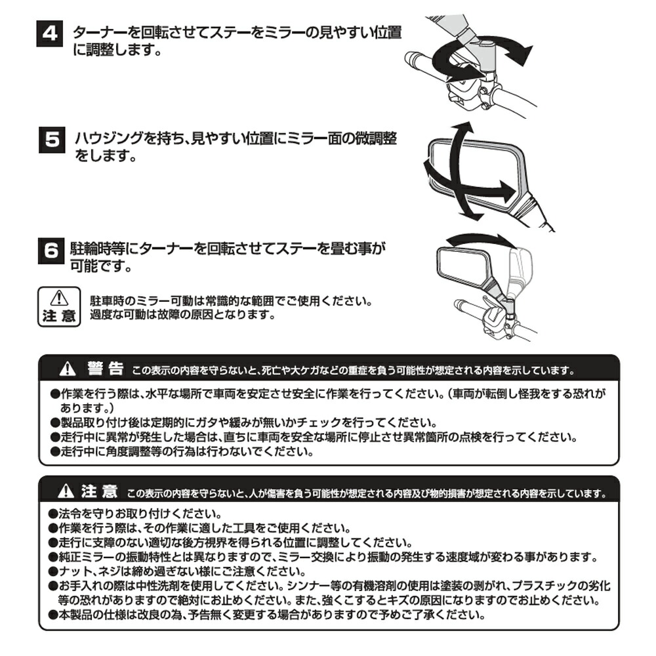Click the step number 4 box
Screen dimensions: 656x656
(49, 33)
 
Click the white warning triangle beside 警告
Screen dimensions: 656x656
(67, 369)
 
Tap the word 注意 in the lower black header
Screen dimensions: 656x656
(100, 491)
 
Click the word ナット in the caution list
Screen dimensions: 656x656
(74, 571)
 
